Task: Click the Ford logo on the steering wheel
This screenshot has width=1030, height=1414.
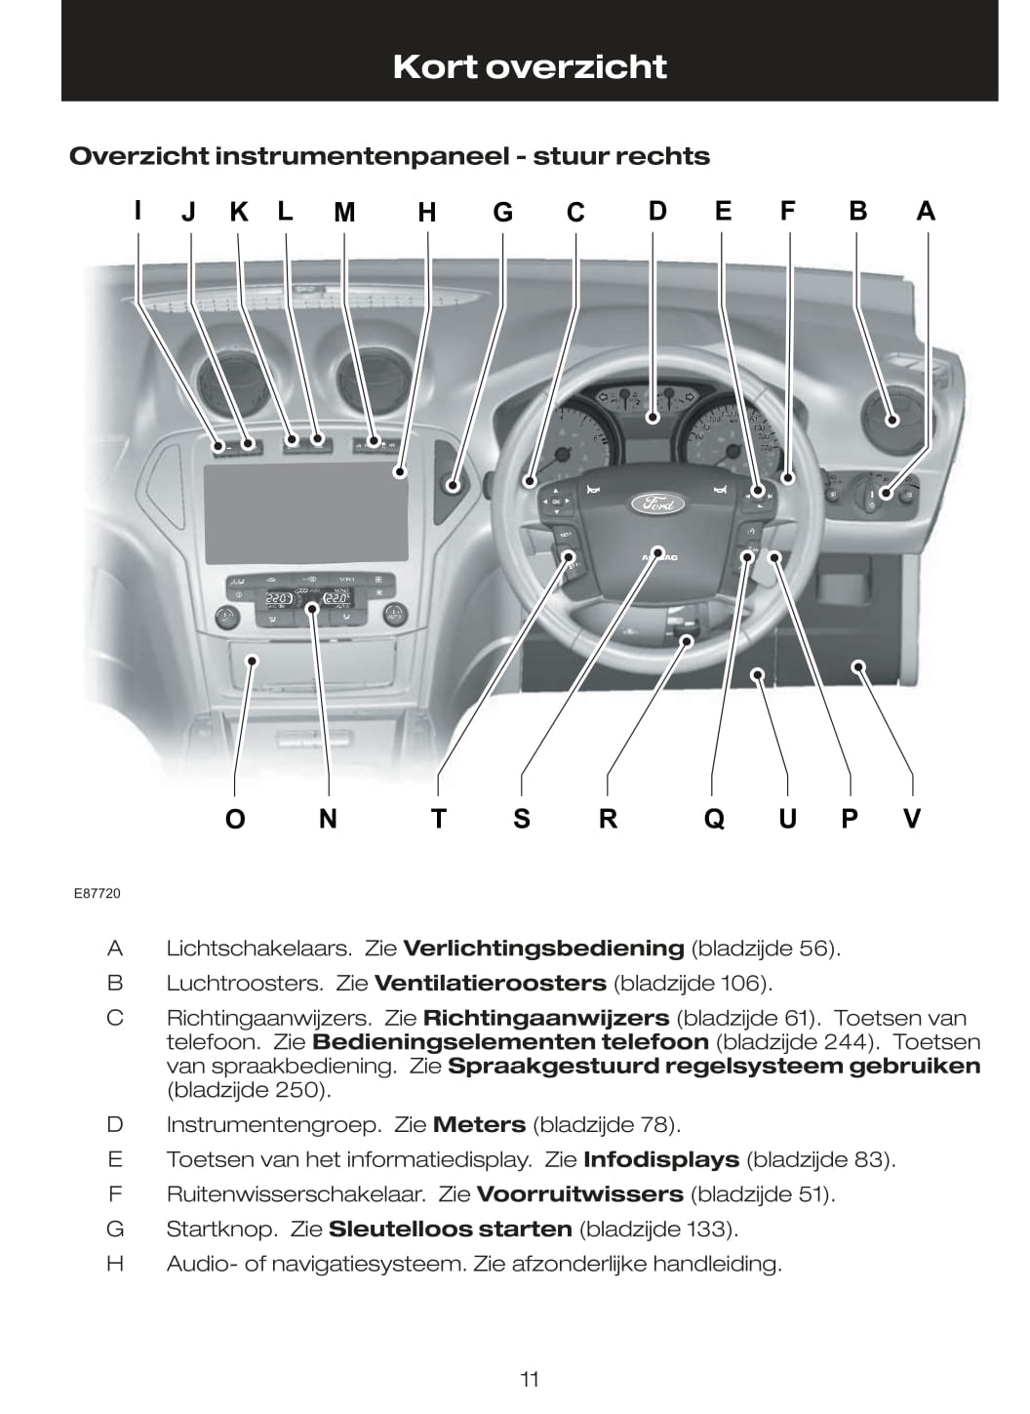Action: coord(659,504)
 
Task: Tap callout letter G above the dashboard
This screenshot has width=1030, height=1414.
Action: coord(502,212)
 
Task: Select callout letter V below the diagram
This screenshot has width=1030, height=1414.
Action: coord(912,818)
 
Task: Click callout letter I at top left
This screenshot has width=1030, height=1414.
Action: coord(139,210)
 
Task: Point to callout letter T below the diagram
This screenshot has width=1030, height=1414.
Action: coord(438,818)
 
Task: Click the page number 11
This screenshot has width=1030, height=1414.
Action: coord(530,1379)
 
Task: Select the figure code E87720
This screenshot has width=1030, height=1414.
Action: coord(97,893)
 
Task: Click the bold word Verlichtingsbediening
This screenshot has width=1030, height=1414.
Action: coord(543,948)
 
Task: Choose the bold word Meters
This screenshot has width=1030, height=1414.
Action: coord(479,1124)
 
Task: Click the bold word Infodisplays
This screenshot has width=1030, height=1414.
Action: coord(660,1159)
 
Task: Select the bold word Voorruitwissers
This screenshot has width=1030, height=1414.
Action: coord(579,1193)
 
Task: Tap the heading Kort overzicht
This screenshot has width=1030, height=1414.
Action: coord(530,66)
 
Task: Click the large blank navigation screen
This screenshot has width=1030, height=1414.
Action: coord(304,512)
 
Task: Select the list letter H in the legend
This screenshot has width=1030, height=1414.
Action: coord(115,1264)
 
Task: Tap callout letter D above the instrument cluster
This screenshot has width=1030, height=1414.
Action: coord(657,211)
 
